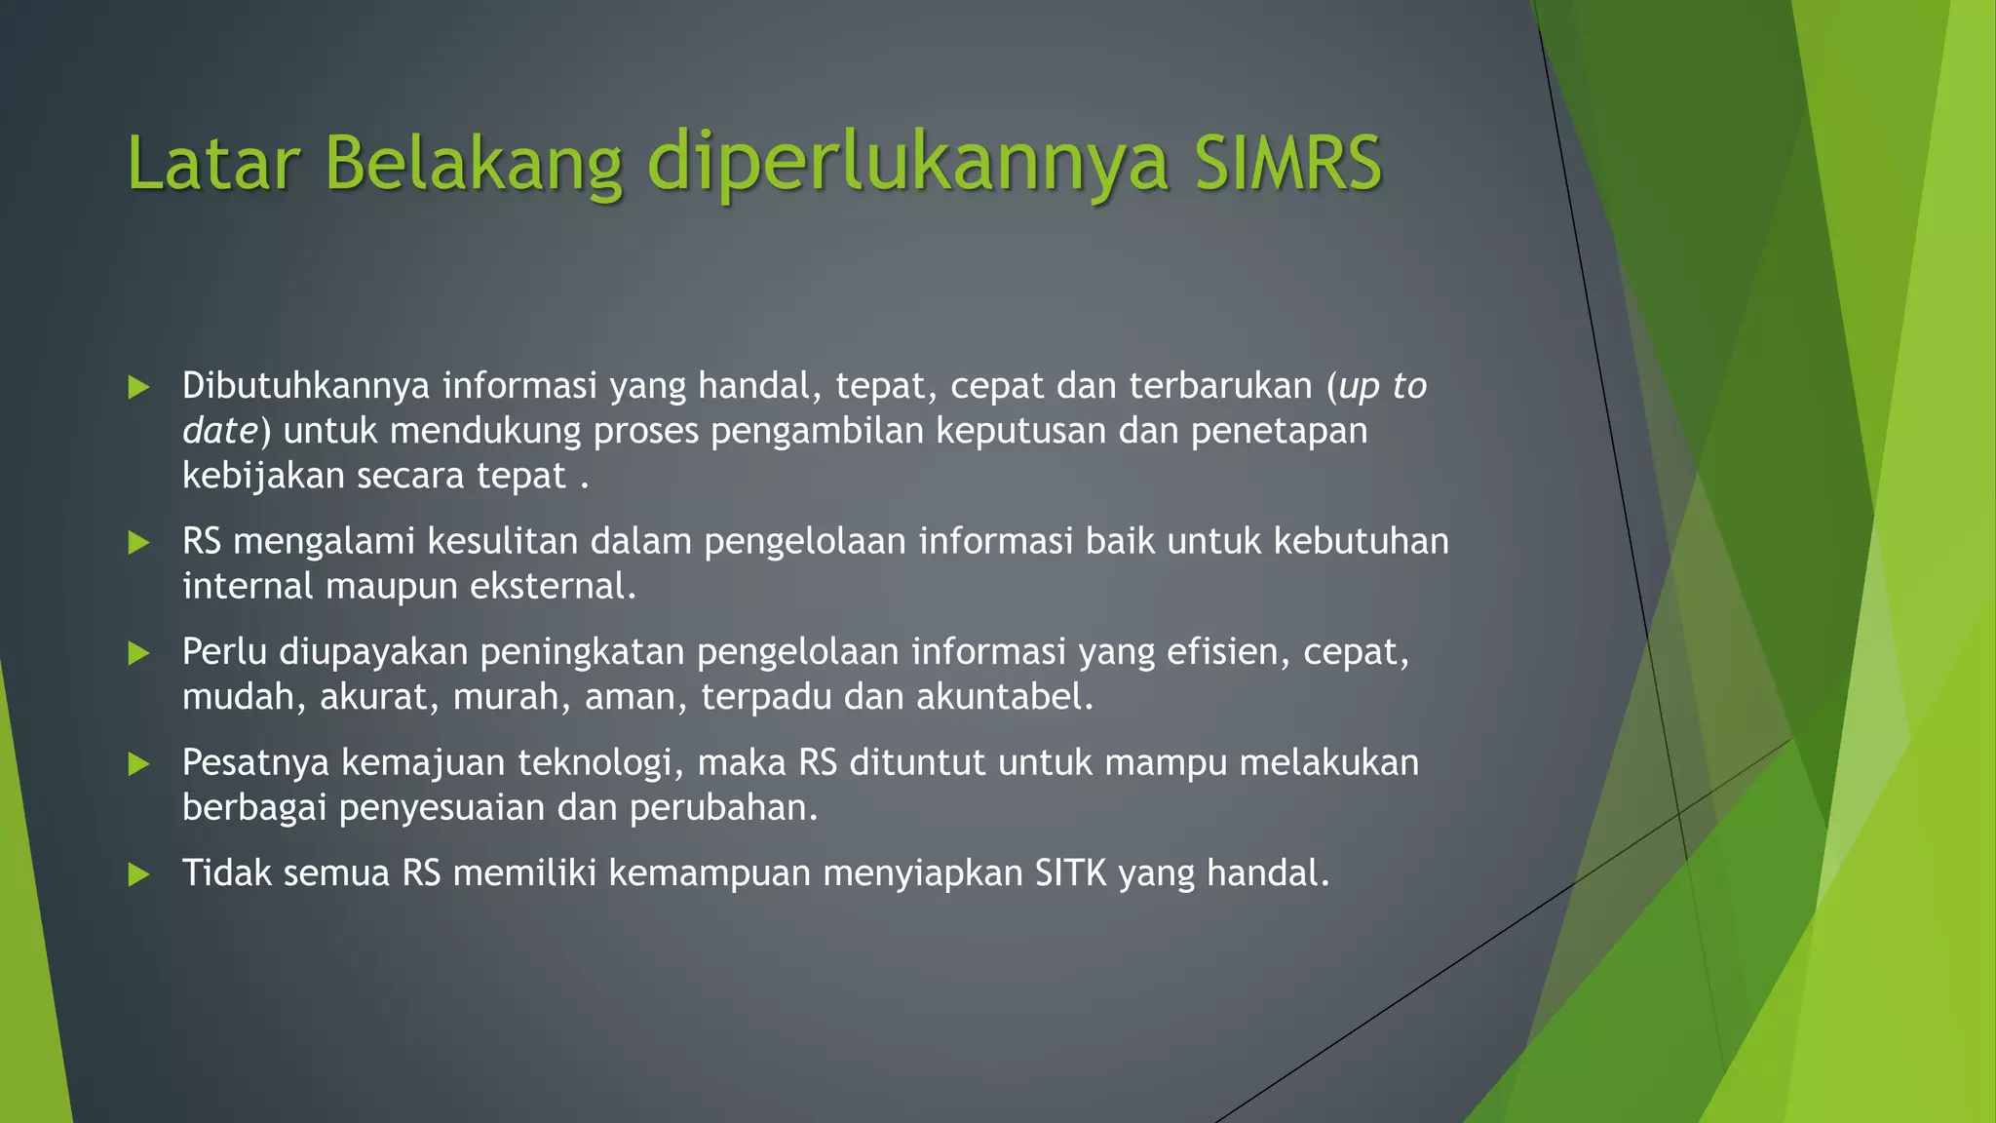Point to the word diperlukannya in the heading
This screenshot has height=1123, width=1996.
point(907,164)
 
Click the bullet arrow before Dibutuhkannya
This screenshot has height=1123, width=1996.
point(139,387)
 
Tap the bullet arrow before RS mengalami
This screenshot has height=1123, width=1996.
point(139,542)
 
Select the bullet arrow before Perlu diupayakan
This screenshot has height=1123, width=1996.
point(139,653)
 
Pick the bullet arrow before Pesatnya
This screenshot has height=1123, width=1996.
point(139,763)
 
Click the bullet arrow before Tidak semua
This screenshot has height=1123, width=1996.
point(139,874)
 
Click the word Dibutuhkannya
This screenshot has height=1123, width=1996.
point(306,386)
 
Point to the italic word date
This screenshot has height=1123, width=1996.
point(219,431)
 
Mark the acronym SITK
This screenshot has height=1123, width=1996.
point(1070,873)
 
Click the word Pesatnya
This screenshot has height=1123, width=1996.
point(255,762)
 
